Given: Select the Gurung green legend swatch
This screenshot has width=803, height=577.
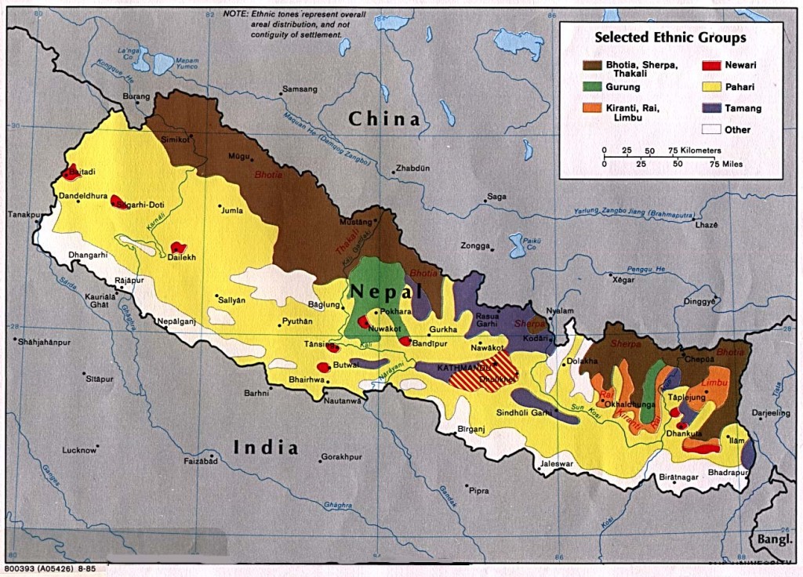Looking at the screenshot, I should click(594, 87).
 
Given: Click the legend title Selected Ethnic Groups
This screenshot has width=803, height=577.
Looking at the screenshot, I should click(670, 37).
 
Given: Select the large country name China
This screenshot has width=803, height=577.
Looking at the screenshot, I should click(384, 119).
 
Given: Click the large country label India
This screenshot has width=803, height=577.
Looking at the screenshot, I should click(267, 448).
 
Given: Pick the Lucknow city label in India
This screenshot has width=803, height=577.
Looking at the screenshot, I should click(78, 450).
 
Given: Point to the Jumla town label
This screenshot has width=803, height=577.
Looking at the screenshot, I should click(233, 210).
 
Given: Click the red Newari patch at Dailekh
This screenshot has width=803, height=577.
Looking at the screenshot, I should click(178, 248).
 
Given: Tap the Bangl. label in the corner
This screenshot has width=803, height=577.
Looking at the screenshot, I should click(773, 540).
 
